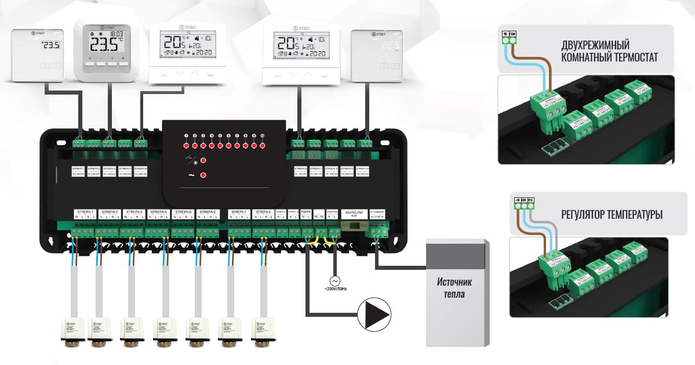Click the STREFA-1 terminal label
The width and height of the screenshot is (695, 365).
85,212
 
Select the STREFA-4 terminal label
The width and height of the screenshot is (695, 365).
158,212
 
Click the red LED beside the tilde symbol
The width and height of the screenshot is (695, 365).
203,175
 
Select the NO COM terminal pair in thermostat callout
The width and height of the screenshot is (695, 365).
509,37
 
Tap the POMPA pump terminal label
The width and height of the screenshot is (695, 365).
307,213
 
